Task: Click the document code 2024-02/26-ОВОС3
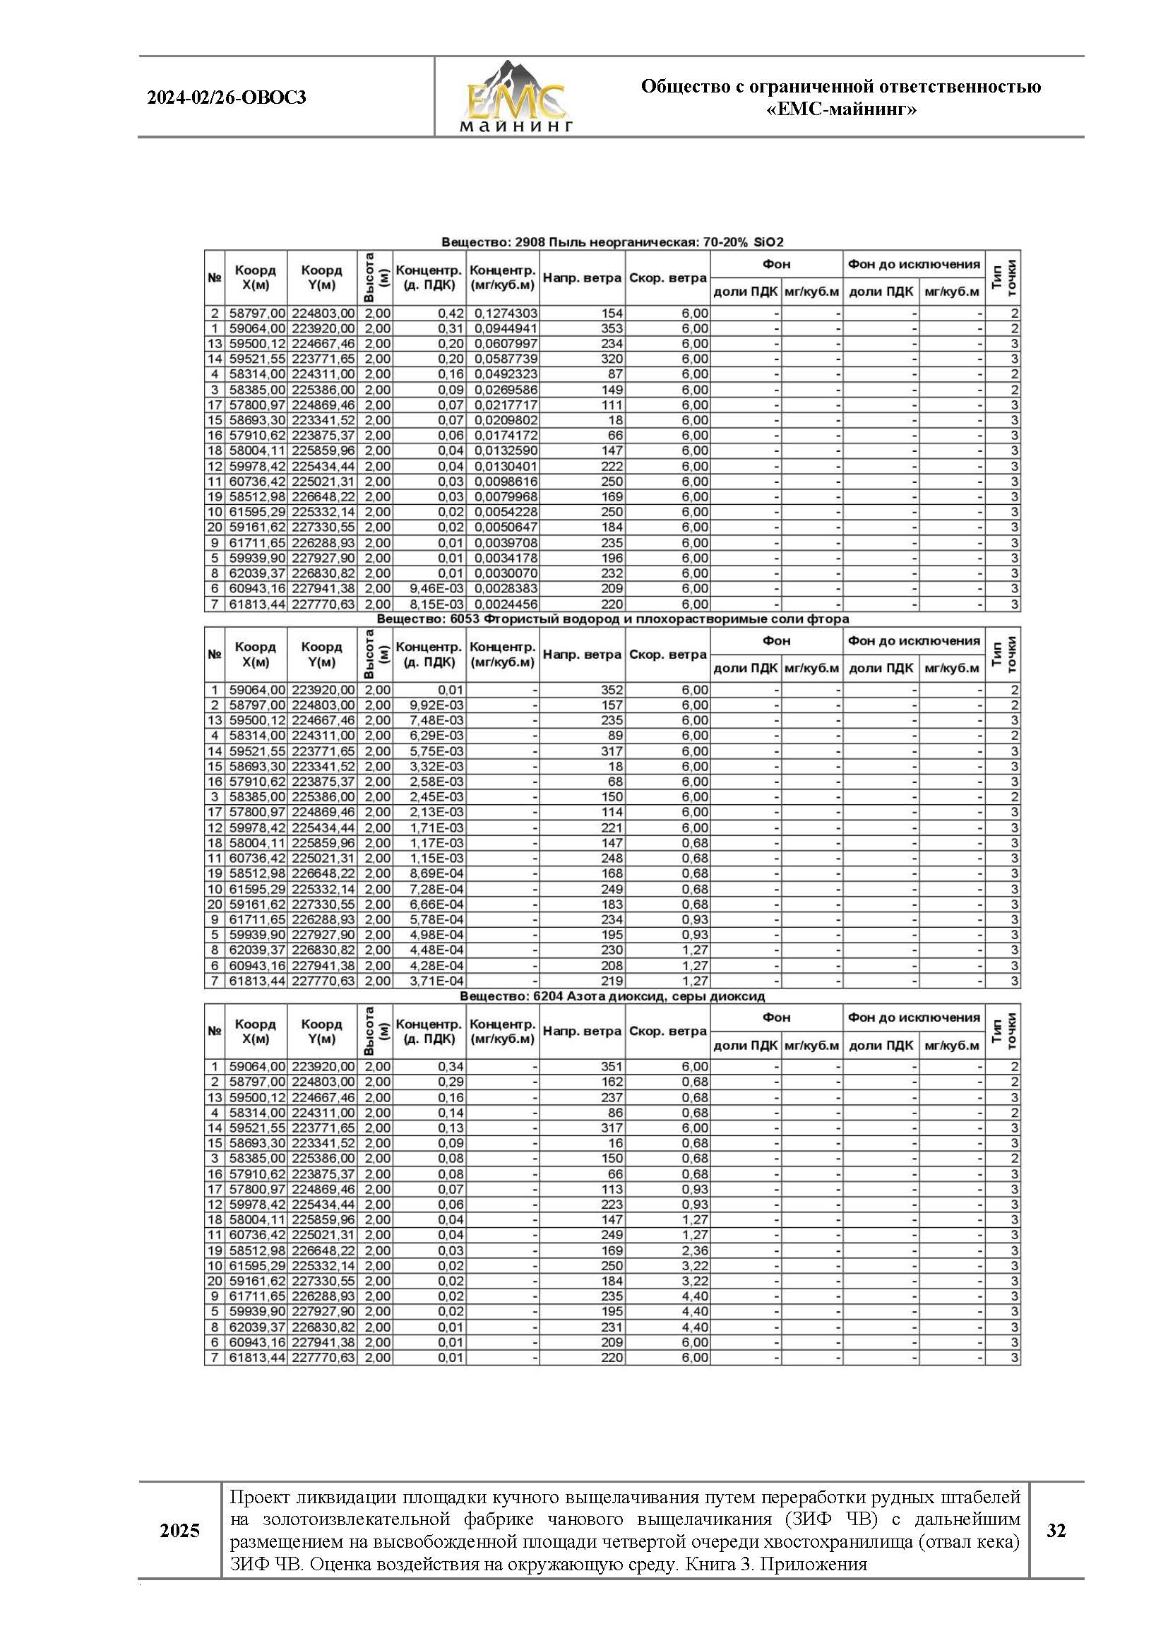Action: pos(227,97)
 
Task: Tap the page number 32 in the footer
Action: pos(1056,1530)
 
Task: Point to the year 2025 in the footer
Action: pos(180,1531)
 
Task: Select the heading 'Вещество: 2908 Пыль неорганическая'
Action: pos(612,242)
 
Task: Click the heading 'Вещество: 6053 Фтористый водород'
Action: pos(612,619)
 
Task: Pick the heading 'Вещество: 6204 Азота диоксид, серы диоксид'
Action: pos(612,996)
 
